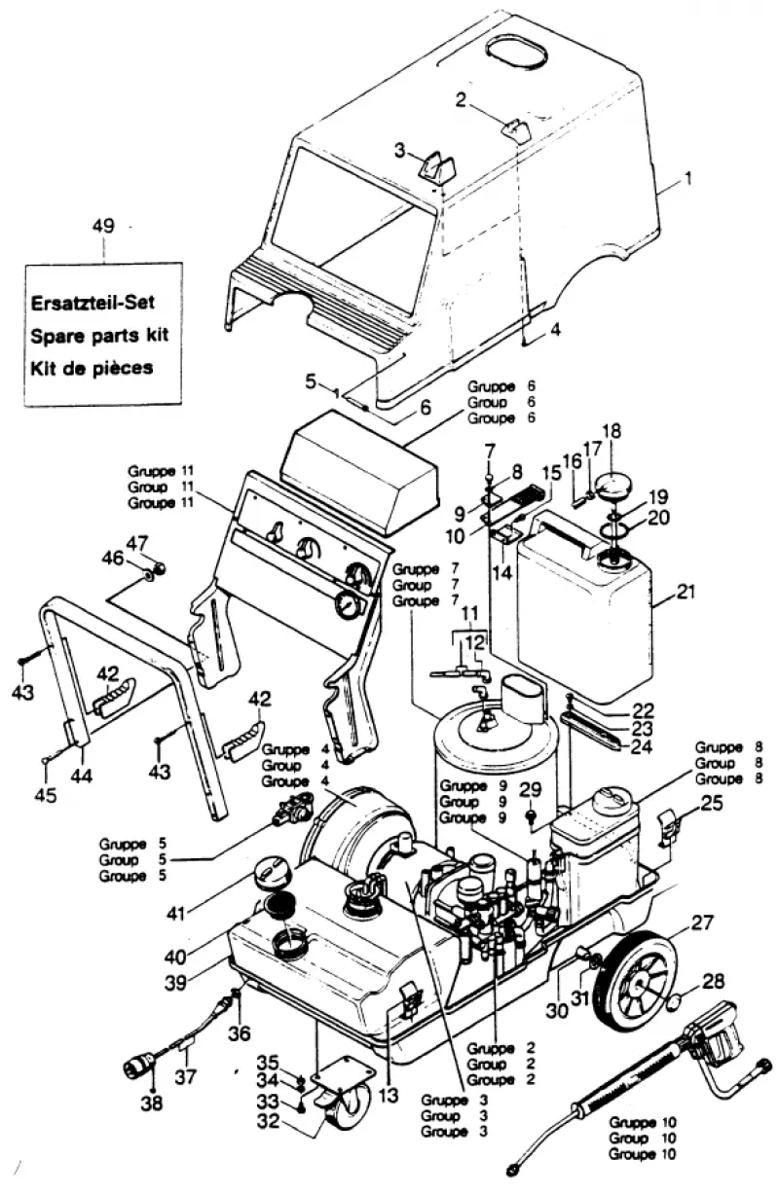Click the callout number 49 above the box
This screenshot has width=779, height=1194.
pos(103,226)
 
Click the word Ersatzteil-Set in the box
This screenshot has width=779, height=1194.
pos(93,303)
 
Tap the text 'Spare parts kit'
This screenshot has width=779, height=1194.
pos(99,336)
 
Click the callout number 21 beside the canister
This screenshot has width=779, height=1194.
pos(686,591)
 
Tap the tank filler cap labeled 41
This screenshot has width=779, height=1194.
pos(272,875)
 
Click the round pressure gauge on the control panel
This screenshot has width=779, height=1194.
pos(347,606)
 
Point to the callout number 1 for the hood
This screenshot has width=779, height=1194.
pos(688,177)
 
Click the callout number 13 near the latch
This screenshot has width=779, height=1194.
pos(388,1095)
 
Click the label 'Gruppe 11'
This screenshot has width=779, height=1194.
pos(160,471)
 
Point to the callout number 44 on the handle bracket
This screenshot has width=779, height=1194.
pos(82,776)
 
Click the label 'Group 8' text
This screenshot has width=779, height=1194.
pos(728,763)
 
